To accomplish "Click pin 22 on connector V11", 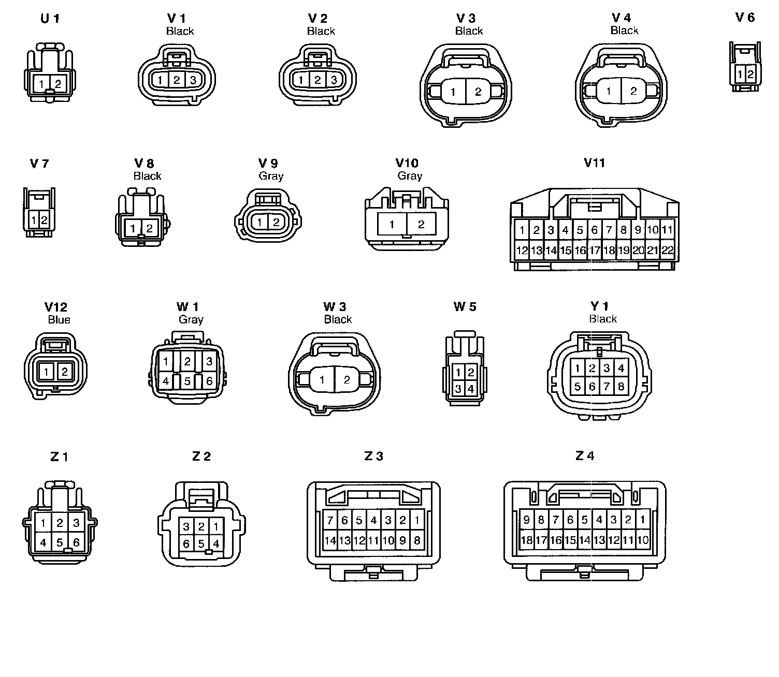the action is [668, 251].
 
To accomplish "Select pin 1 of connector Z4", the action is [643, 520].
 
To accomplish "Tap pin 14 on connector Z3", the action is [330, 541].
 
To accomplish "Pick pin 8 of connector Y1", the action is [621, 387].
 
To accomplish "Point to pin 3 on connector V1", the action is [193, 80].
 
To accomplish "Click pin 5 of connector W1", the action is [187, 381].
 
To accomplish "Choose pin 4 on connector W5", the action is [471, 388].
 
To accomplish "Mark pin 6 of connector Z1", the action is [76, 542].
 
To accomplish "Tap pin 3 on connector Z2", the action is [187, 527].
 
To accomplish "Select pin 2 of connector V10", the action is [421, 224].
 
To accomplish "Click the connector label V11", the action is [594, 163].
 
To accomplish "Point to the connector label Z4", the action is [584, 455].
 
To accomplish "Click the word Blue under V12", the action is [59, 319].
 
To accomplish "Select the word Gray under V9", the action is [271, 176].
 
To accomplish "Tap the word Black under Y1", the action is [603, 319].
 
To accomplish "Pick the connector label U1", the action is [50, 19].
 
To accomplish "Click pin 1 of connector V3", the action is [453, 92].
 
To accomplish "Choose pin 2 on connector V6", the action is [750, 75].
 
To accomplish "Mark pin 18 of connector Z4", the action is [526, 541].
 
